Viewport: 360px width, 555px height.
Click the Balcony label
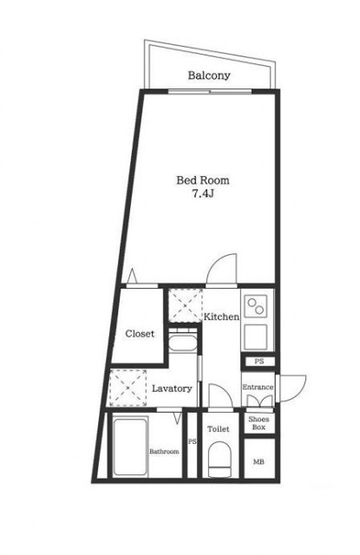(x=209, y=75)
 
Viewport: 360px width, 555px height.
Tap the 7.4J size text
(x=203, y=193)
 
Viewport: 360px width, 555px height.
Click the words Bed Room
(x=203, y=180)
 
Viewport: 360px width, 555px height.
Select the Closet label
(x=140, y=333)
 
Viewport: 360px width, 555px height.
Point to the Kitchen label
(x=221, y=317)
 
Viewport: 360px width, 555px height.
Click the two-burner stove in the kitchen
(x=256, y=306)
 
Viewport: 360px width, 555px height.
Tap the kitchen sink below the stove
(x=256, y=337)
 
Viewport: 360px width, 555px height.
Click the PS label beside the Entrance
(x=259, y=362)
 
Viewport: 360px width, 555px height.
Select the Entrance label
(x=258, y=387)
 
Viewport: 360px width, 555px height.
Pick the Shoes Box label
(x=259, y=423)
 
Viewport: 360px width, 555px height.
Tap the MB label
(x=259, y=462)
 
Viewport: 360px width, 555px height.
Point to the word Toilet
(x=219, y=429)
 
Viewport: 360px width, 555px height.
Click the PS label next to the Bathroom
(x=193, y=441)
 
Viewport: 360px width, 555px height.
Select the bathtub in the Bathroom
(x=130, y=447)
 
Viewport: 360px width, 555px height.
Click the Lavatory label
(x=172, y=388)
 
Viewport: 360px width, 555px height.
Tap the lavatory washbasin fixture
(x=182, y=341)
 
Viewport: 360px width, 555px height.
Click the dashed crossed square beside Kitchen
(x=186, y=305)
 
